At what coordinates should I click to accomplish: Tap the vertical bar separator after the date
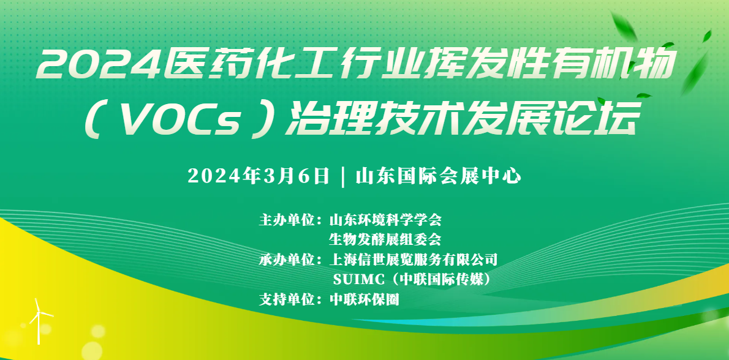coord(341,176)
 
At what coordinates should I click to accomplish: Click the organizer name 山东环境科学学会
coord(385,219)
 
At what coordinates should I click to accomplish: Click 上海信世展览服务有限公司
coord(414,260)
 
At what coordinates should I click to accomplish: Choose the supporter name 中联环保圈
coord(364,300)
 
